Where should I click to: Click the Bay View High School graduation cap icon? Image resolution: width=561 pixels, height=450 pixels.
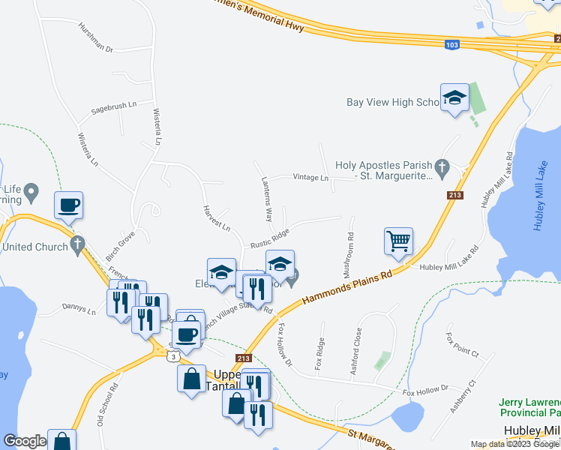(x=454, y=98)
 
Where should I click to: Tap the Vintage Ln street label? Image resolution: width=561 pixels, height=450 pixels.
(x=310, y=178)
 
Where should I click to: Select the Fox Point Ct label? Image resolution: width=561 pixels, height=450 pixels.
(x=462, y=344)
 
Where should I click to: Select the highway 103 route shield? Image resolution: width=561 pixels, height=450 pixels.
(x=451, y=44)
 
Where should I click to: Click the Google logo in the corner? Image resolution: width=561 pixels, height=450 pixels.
(x=25, y=441)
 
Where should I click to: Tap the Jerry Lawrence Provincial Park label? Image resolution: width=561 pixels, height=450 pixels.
(x=529, y=408)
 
